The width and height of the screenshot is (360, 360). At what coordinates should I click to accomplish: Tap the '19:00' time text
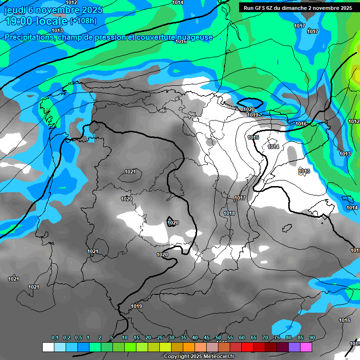coord(20,21)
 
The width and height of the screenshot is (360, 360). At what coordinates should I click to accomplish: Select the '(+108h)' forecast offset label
coord(83,21)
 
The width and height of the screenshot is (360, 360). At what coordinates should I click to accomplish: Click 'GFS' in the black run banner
coord(265,7)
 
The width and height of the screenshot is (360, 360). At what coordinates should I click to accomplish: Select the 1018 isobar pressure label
coord(229,213)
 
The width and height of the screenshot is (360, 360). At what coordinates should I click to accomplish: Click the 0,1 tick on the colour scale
coord(54,338)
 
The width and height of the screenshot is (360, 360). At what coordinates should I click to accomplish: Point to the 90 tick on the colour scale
coord(312,338)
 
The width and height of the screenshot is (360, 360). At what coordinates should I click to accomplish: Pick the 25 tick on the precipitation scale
coord(160,338)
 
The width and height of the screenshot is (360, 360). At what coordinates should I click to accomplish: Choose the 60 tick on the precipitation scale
coord(242,338)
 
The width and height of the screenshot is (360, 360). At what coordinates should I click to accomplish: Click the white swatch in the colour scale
coord(48,347)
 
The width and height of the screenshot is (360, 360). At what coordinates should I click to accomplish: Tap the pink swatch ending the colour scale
coord(306,347)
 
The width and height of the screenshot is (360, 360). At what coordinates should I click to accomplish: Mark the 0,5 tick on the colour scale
coord(78,338)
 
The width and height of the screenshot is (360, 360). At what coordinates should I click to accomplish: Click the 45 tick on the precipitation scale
coord(207,338)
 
